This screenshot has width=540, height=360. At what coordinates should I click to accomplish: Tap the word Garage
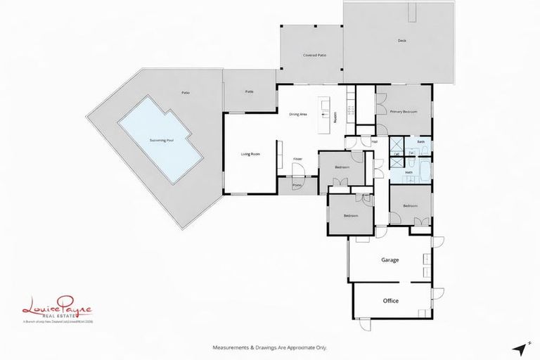pyautogui.click(x=390, y=260)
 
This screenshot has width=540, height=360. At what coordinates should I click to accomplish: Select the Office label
pyautogui.click(x=390, y=301)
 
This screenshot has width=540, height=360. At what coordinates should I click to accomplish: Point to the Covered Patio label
pyautogui.click(x=314, y=55)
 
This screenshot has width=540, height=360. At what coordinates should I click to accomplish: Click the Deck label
pyautogui.click(x=402, y=41)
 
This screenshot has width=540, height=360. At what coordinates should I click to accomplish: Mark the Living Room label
pyautogui.click(x=251, y=154)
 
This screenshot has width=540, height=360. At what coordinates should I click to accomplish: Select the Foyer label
pyautogui.click(x=297, y=160)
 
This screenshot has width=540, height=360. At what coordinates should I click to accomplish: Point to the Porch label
pyautogui.click(x=288, y=186)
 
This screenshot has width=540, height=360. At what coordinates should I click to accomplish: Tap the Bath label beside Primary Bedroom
pyautogui.click(x=420, y=142)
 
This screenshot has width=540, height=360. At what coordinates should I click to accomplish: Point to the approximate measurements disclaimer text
pyautogui.click(x=270, y=347)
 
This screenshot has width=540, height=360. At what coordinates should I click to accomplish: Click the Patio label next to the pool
pyautogui.click(x=186, y=92)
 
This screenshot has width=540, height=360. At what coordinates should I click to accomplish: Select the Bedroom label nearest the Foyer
pyautogui.click(x=342, y=167)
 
